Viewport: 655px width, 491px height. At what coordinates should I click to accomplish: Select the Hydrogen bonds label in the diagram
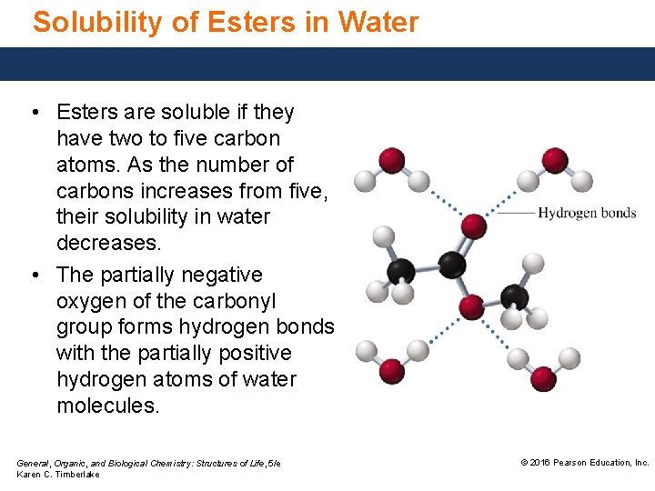(x=587, y=214)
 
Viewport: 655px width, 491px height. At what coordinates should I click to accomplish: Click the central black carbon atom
(x=452, y=266)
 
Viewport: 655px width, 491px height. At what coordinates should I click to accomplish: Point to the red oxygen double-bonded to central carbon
(x=473, y=225)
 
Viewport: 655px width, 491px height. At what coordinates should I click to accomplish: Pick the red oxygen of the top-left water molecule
(x=391, y=161)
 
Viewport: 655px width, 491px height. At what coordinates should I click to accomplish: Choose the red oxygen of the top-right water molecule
(x=555, y=160)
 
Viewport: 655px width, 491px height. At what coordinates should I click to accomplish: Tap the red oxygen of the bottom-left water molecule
(x=392, y=370)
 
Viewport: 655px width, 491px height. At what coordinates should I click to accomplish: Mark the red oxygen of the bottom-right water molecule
(x=543, y=377)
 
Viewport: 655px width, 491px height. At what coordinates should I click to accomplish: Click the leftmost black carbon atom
(x=401, y=271)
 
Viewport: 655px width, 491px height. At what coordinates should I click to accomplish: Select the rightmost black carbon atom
(x=514, y=296)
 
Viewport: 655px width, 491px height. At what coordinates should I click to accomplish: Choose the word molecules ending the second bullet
(x=107, y=406)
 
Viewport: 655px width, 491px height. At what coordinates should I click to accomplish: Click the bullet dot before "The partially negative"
(x=34, y=275)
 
